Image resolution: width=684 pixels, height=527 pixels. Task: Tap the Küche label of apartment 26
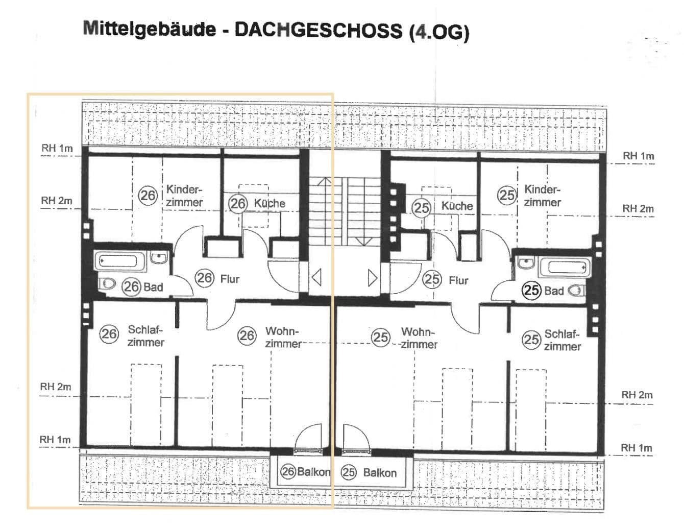pyautogui.click(x=270, y=203)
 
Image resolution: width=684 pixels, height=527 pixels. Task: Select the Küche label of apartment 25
pyautogui.click(x=457, y=206)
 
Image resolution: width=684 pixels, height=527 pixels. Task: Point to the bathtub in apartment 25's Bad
pyautogui.click(x=567, y=267)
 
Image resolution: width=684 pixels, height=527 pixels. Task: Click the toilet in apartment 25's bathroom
pyautogui.click(x=576, y=291)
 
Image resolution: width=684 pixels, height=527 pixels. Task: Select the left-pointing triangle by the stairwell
pyautogui.click(x=316, y=278)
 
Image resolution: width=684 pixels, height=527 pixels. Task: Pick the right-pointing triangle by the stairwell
pyautogui.click(x=373, y=278)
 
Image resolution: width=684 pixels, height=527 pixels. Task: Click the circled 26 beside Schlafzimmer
pyautogui.click(x=108, y=334)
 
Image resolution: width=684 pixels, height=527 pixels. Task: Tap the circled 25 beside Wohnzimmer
pyautogui.click(x=380, y=337)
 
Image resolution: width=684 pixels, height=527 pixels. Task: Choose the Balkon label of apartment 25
pyautogui.click(x=379, y=472)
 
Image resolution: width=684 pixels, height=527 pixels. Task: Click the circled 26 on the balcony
pyautogui.click(x=288, y=471)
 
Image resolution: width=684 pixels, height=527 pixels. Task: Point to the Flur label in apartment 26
pyautogui.click(x=230, y=279)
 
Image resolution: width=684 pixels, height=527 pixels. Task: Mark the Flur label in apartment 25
pyautogui.click(x=458, y=280)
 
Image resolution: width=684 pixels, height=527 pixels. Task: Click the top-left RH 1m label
pyautogui.click(x=57, y=149)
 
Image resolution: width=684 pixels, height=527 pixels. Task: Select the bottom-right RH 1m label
pyautogui.click(x=636, y=448)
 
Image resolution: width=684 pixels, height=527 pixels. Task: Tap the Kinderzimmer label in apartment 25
pyautogui.click(x=542, y=196)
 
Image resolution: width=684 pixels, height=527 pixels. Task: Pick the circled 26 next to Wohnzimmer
pyautogui.click(x=247, y=336)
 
